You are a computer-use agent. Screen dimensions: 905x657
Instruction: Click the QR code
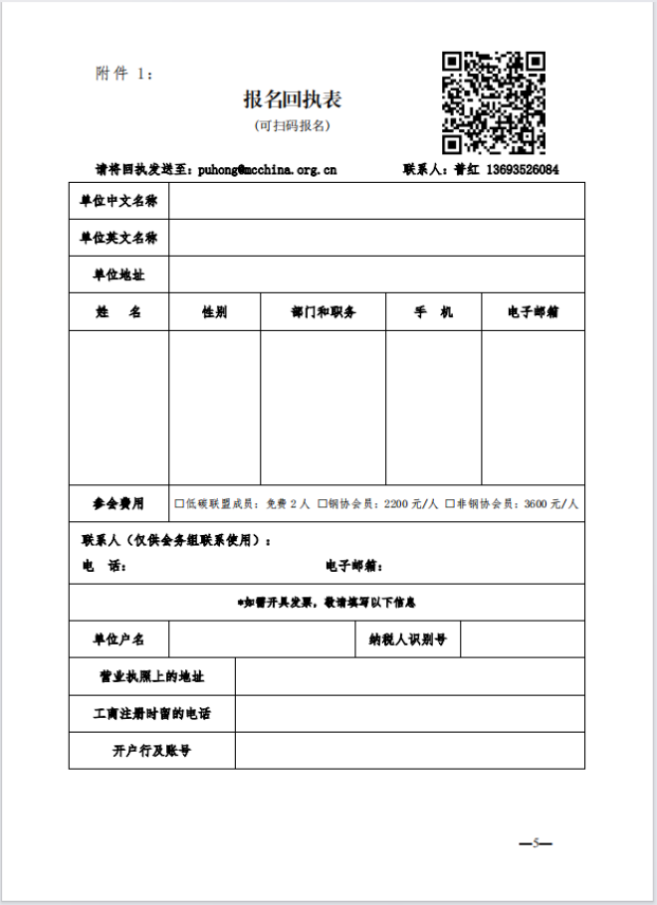tap(494, 102)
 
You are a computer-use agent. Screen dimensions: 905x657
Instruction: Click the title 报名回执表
tap(294, 99)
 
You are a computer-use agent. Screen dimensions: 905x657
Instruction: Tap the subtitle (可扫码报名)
tap(293, 125)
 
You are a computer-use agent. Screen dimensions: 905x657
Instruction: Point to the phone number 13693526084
tap(523, 169)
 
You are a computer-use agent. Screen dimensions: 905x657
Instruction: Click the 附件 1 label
tap(123, 74)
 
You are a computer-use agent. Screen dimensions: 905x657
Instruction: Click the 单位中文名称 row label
tap(118, 201)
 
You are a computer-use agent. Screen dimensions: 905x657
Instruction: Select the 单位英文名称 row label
tap(118, 238)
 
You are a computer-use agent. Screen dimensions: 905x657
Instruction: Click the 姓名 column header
tap(118, 312)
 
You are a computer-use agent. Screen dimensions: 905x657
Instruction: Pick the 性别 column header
tap(214, 312)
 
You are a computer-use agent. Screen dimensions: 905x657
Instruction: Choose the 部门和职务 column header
tap(323, 312)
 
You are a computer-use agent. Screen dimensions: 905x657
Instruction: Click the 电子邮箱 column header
tap(533, 312)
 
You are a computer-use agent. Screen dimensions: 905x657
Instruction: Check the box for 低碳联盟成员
tap(179, 504)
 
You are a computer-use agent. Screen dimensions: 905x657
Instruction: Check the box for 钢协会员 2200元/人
tap(323, 504)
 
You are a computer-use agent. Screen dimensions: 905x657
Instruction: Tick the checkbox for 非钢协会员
tap(450, 504)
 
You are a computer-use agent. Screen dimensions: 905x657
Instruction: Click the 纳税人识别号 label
tap(407, 639)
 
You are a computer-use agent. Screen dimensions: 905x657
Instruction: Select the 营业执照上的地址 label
tap(152, 676)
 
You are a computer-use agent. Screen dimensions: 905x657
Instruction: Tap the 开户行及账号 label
tap(152, 750)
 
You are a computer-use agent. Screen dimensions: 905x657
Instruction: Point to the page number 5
tap(536, 843)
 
